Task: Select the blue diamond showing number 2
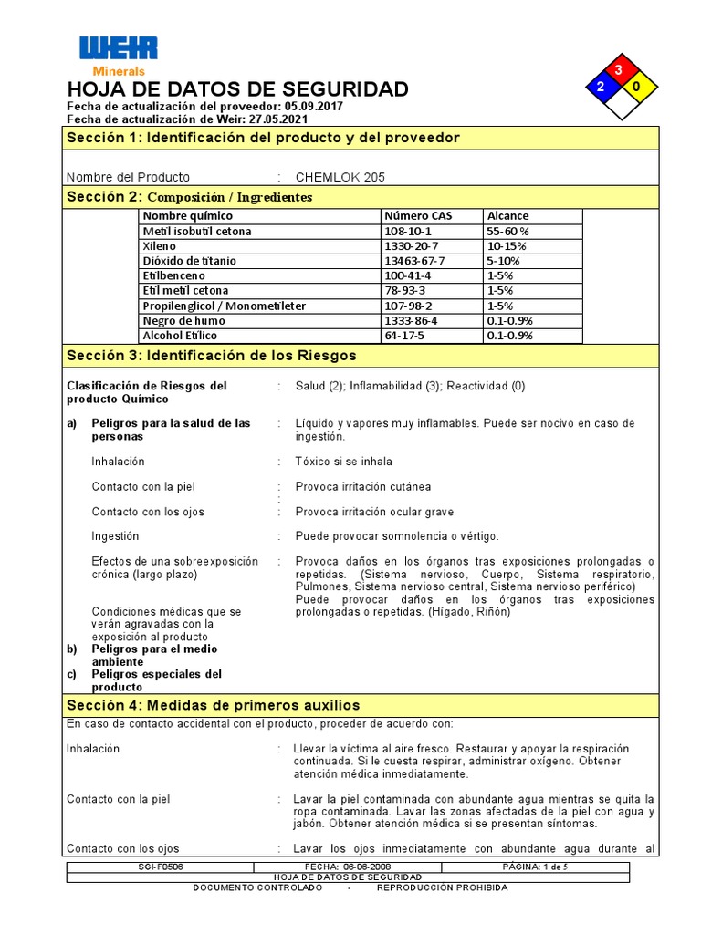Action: tap(601, 88)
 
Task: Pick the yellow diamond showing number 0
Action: tap(636, 88)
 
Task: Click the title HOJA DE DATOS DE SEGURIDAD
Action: tap(238, 89)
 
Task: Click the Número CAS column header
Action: tap(418, 216)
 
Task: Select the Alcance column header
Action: tap(507, 216)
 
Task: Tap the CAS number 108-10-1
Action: tap(407, 232)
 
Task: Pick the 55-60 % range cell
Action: tap(508, 232)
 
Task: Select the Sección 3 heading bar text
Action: tap(211, 356)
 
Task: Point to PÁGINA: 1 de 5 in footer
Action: tap(535, 866)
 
